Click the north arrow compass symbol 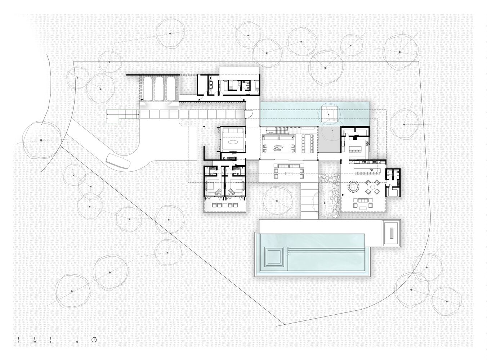point(94,339)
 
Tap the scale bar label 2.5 point(34,342)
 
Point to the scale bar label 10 point(77,342)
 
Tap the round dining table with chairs point(353,187)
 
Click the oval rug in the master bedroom point(232,142)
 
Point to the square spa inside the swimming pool point(273,256)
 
